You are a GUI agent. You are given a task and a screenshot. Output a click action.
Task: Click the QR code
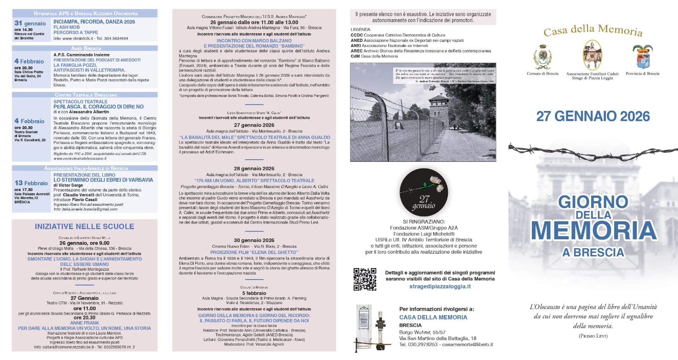coord(365,279)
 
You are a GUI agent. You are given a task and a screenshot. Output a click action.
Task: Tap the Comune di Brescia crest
coord(542,57)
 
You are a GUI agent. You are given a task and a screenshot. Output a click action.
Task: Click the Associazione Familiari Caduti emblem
coord(592,55)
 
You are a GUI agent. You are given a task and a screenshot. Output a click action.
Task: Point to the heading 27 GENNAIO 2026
coord(593,116)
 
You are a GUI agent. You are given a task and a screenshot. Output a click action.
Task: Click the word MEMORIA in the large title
coord(594,230)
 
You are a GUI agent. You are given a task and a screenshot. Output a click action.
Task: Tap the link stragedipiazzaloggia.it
coord(440,286)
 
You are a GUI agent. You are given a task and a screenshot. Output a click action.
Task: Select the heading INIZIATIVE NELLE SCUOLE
coord(84,227)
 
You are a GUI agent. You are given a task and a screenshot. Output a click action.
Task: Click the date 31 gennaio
coord(30,23)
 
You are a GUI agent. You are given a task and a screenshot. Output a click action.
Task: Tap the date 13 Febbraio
coord(31,183)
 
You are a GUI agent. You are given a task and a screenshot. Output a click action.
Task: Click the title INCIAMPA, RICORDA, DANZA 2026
coord(94,22)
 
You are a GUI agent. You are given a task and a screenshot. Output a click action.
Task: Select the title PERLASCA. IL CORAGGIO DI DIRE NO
coord(98,107)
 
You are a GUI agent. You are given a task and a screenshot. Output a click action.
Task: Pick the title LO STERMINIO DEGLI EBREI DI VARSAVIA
coord(103,180)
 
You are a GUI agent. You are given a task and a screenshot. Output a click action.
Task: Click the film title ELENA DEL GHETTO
coord(254,252)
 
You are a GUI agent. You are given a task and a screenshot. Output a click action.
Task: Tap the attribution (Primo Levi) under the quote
coord(593,336)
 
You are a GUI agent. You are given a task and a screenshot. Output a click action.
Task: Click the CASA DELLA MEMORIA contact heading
coord(433,317)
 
